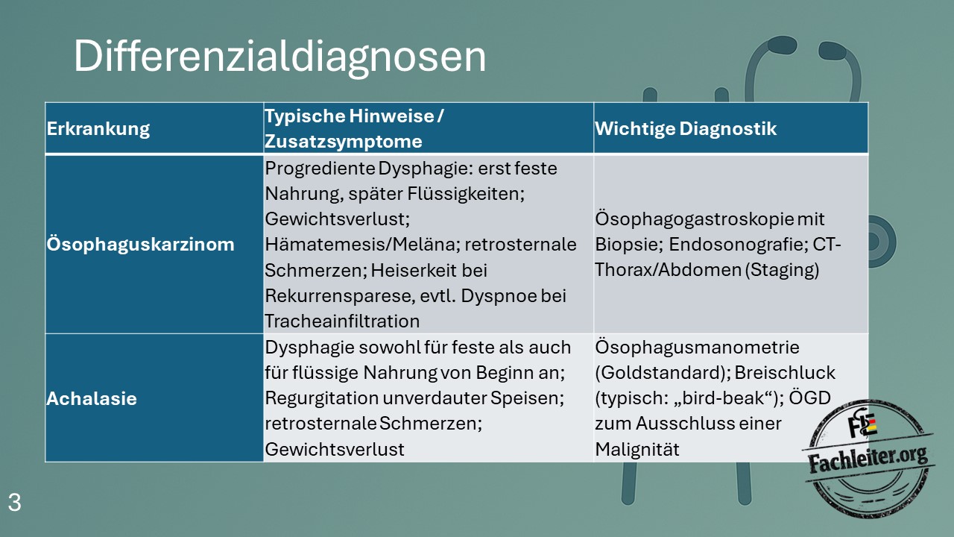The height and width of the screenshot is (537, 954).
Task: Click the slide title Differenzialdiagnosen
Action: pos(279,57)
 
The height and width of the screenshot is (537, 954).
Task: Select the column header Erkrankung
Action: pos(98,129)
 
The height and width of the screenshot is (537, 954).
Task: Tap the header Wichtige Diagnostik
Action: pos(686,129)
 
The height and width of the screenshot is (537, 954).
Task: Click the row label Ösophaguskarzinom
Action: pos(141,245)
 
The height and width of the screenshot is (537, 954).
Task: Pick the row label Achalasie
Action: pos(92,399)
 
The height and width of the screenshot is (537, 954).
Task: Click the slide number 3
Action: pos(14,503)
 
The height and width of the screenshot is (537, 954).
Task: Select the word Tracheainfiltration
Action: pos(342,321)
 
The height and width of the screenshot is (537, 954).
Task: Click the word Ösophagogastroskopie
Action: pos(694,219)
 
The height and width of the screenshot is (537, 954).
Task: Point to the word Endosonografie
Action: pos(739,245)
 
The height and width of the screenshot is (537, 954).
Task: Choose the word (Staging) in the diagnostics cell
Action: pos(782,270)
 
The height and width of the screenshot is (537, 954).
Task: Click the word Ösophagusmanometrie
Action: pos(697,348)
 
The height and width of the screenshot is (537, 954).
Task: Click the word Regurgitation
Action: pos(321,398)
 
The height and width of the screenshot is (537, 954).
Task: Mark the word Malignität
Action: pos(637,450)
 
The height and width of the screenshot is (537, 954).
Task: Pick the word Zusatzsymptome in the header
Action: pos(344,142)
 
